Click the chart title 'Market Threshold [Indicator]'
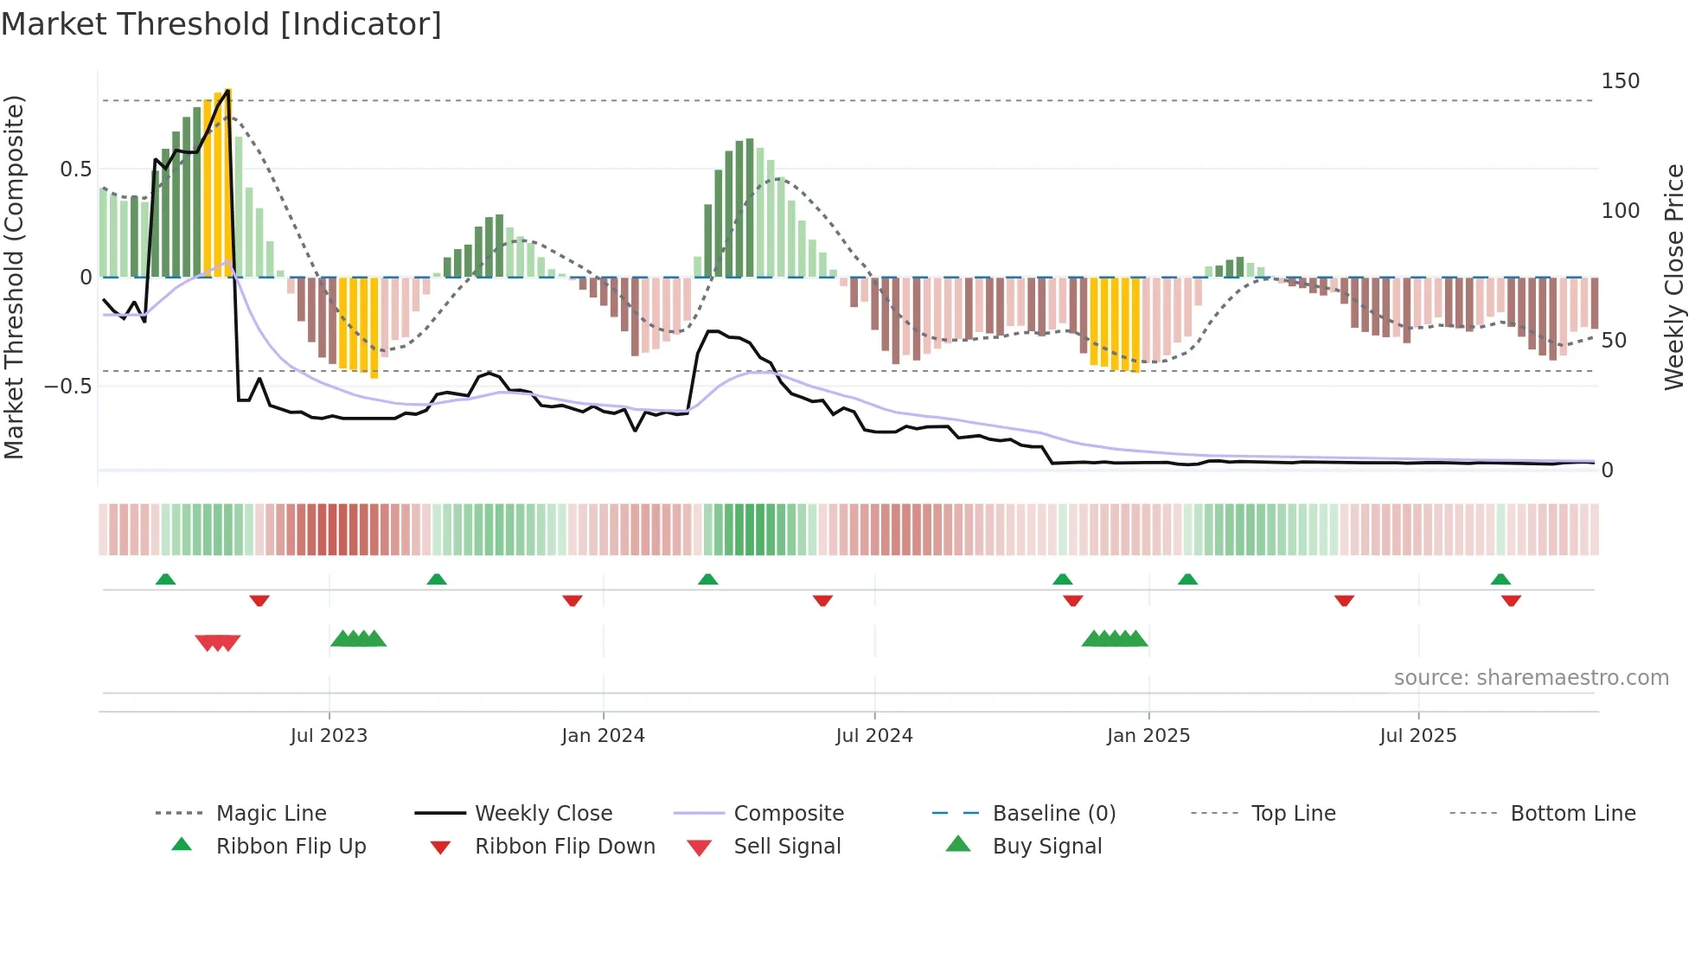[221, 24]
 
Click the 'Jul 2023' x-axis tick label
[329, 736]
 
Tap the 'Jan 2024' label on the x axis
[603, 736]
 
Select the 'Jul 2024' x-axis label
[874, 736]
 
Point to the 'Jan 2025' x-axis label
[1148, 736]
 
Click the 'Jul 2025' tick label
[1418, 736]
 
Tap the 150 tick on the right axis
[1620, 81]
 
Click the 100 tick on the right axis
[1620, 211]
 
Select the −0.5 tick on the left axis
[68, 386]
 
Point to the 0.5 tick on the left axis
[75, 169]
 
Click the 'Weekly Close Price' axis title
[1674, 277]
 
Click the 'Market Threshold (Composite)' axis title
[14, 277]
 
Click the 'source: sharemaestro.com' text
[1531, 678]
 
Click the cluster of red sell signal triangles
[217, 643]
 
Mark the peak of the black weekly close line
[227, 91]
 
